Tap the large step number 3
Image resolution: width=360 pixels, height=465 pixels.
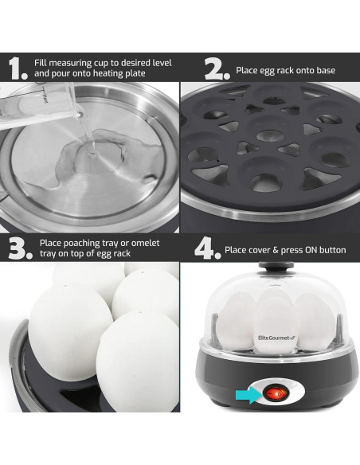(18, 247)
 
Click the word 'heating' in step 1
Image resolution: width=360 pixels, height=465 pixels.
(106, 76)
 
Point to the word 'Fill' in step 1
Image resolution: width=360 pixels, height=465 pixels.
(41, 62)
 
